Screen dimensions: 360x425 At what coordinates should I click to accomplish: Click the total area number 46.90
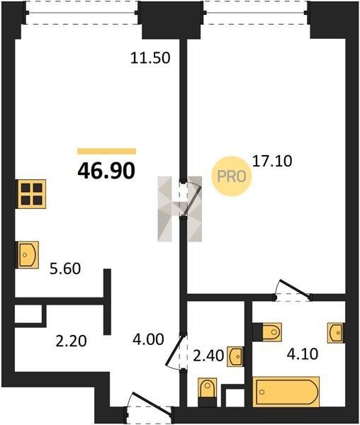pyautogui.click(x=106, y=171)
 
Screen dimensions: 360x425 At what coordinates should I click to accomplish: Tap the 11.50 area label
pyautogui.click(x=150, y=58)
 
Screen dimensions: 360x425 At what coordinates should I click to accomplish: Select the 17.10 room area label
pyautogui.click(x=272, y=161)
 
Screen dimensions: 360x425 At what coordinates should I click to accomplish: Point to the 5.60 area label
pyautogui.click(x=65, y=269)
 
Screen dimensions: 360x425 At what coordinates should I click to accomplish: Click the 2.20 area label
pyautogui.click(x=71, y=341)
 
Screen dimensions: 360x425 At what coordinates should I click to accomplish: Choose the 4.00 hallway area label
pyautogui.click(x=148, y=339)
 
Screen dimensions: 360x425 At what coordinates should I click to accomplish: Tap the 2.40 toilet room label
pyautogui.click(x=208, y=356)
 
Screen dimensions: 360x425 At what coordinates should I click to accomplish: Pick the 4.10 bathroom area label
pyautogui.click(x=303, y=354)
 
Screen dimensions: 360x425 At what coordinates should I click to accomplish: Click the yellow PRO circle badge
pyautogui.click(x=232, y=176)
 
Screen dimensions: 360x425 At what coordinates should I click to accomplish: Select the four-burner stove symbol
pyautogui.click(x=32, y=194)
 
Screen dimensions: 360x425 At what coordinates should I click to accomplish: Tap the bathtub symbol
pyautogui.click(x=286, y=392)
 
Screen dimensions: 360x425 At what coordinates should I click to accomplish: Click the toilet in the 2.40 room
pyautogui.click(x=208, y=392)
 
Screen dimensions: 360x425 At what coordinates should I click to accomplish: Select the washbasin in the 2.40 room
pyautogui.click(x=235, y=357)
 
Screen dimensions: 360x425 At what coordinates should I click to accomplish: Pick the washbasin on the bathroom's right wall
pyautogui.click(x=336, y=333)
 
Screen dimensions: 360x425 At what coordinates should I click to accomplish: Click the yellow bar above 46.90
pyautogui.click(x=106, y=152)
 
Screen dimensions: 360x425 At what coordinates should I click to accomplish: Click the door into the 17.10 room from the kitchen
pyautogui.click(x=191, y=199)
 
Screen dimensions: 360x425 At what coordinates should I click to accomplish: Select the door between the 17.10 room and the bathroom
pyautogui.click(x=293, y=290)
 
